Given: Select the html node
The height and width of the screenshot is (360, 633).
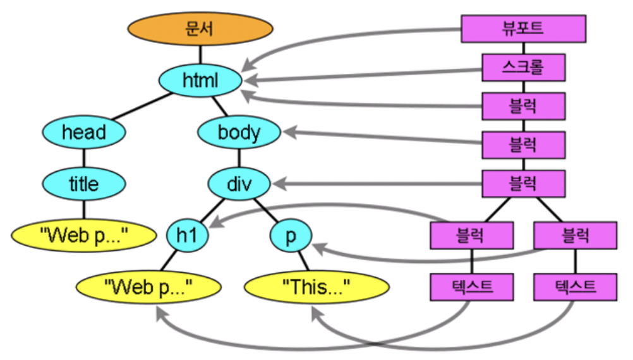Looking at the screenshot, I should click(x=200, y=81).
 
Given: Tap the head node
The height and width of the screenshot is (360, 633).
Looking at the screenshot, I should click(x=83, y=133).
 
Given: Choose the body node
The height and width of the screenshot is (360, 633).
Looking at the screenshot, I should click(x=239, y=133).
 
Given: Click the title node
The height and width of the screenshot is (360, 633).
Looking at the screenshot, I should click(x=83, y=184).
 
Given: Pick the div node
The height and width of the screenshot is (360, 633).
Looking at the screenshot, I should click(x=239, y=184).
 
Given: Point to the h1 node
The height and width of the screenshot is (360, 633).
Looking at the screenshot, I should click(x=187, y=236).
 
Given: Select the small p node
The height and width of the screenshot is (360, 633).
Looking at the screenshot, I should click(x=291, y=236).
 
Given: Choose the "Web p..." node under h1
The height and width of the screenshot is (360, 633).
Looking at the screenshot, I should click(x=149, y=287).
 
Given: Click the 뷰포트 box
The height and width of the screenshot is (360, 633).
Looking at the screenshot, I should click(x=523, y=28).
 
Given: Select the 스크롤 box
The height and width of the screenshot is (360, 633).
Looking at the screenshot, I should click(x=523, y=67).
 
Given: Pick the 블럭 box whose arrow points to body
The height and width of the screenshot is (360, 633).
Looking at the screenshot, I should click(x=523, y=145).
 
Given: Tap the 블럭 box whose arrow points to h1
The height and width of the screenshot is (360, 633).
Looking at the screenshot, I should click(x=471, y=235).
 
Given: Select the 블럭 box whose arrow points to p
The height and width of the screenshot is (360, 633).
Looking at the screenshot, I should click(x=575, y=235).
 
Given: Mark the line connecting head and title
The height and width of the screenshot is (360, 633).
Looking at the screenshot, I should click(x=83, y=158).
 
